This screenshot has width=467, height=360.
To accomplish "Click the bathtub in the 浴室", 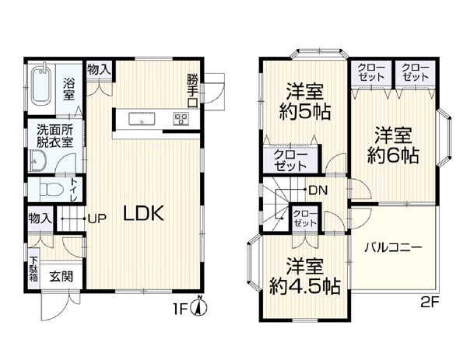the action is point(40,85).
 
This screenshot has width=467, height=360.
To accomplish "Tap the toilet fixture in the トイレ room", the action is point(51,189).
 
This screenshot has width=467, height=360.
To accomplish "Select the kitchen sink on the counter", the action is point(142,119).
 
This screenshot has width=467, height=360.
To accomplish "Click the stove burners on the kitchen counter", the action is point(181,119).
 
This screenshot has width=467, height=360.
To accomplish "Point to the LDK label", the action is point(143,213).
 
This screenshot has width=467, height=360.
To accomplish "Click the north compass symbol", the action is point(201,306).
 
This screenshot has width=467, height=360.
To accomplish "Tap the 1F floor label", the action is point(181,309).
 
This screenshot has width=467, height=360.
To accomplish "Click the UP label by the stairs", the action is point(97,219).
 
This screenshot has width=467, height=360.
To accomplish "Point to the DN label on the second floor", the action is point(318,190).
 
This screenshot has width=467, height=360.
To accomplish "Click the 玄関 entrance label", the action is point(61,277).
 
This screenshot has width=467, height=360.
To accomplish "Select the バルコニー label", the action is point(393,247).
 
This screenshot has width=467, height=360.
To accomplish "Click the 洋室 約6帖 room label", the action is point(393,145).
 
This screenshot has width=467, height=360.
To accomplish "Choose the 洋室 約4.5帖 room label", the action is point(304,276).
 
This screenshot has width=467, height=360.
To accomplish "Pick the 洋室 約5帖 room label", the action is point(304,102).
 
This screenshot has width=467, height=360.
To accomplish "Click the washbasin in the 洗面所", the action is point(37,160).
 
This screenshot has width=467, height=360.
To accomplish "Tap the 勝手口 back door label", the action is point(192,90).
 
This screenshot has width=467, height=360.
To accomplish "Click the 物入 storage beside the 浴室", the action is point(99,70).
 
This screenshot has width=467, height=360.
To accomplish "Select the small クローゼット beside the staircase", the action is point(304,218).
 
